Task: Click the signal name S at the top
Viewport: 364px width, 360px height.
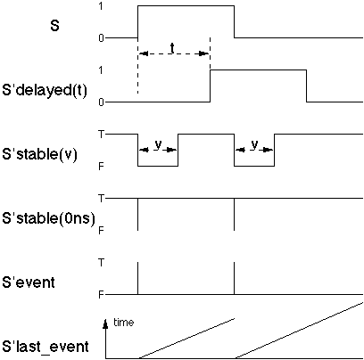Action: click(54, 26)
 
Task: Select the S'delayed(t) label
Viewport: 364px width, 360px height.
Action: click(45, 89)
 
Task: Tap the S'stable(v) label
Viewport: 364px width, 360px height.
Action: click(39, 154)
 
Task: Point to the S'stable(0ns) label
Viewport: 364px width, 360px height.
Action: click(48, 217)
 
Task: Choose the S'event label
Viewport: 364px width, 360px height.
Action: click(29, 282)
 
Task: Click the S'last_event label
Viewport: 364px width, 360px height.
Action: click(45, 347)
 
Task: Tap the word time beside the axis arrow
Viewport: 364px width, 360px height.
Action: click(124, 322)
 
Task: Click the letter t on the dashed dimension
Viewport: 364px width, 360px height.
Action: click(172, 48)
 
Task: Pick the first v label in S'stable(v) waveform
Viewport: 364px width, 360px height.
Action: click(158, 144)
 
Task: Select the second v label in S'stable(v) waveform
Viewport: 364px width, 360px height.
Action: click(254, 144)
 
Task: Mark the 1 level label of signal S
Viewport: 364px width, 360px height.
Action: click(101, 5)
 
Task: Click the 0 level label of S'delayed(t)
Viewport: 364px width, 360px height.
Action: click(101, 102)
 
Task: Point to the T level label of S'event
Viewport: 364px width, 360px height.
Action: click(102, 263)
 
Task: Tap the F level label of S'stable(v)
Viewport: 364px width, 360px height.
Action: click(101, 167)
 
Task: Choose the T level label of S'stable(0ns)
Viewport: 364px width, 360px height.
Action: click(102, 198)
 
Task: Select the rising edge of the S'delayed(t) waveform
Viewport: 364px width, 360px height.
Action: click(211, 86)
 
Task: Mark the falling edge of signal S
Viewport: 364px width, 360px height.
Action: click(234, 21)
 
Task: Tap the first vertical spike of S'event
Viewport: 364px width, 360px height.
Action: click(138, 278)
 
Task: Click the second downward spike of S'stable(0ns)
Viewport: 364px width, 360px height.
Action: click(234, 214)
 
